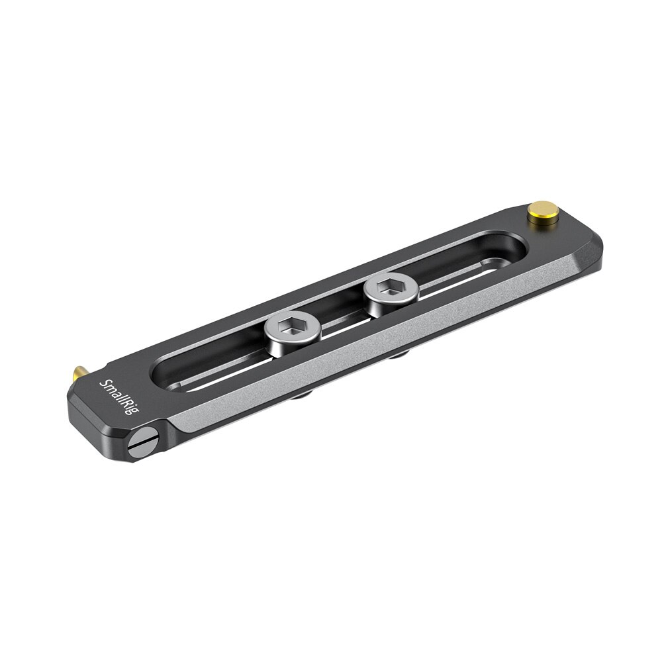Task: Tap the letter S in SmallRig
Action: (x=105, y=383)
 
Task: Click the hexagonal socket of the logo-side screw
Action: (x=292, y=326)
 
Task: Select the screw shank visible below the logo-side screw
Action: (x=302, y=395)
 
